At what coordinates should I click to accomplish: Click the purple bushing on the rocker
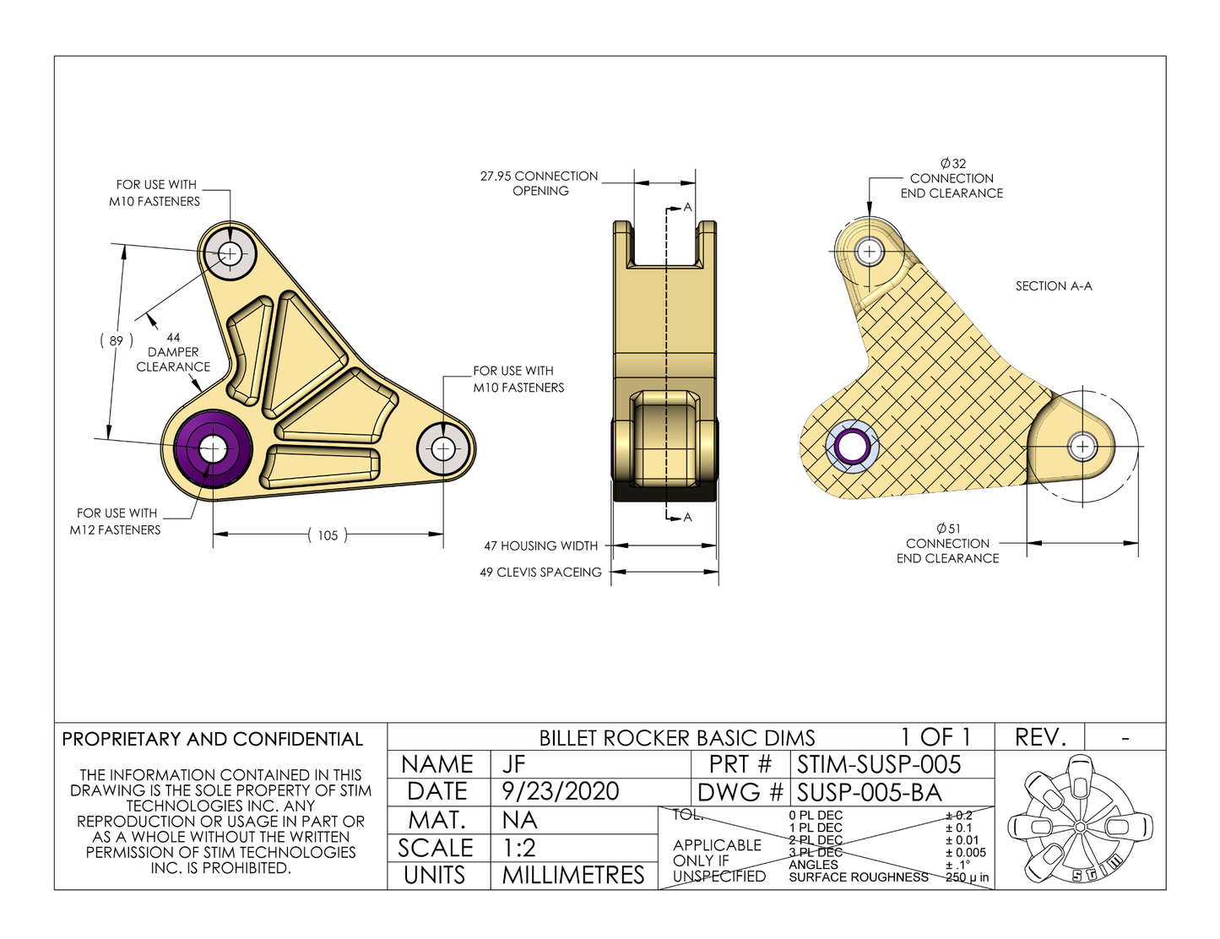(x=213, y=448)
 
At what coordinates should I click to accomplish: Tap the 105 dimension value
(x=328, y=535)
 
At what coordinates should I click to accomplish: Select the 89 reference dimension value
(x=117, y=340)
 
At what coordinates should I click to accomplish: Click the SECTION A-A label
(x=1053, y=286)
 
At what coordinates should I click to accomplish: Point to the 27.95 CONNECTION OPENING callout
(x=540, y=183)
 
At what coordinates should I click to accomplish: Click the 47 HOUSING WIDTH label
(x=540, y=545)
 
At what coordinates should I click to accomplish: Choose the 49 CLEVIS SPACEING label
(x=540, y=572)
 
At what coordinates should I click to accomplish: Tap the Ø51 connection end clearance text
(x=947, y=543)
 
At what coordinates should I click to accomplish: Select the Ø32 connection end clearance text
(x=952, y=178)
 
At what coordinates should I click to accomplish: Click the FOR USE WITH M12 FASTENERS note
(x=117, y=521)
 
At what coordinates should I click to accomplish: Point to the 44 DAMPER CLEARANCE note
(x=173, y=352)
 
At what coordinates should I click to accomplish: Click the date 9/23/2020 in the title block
(x=560, y=791)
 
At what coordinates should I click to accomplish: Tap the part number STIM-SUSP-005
(x=878, y=764)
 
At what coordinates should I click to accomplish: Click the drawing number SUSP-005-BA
(x=869, y=792)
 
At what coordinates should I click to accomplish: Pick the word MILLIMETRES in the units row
(x=572, y=875)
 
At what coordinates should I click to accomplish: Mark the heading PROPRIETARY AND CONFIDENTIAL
(x=212, y=739)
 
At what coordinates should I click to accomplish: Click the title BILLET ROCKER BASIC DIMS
(x=677, y=738)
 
